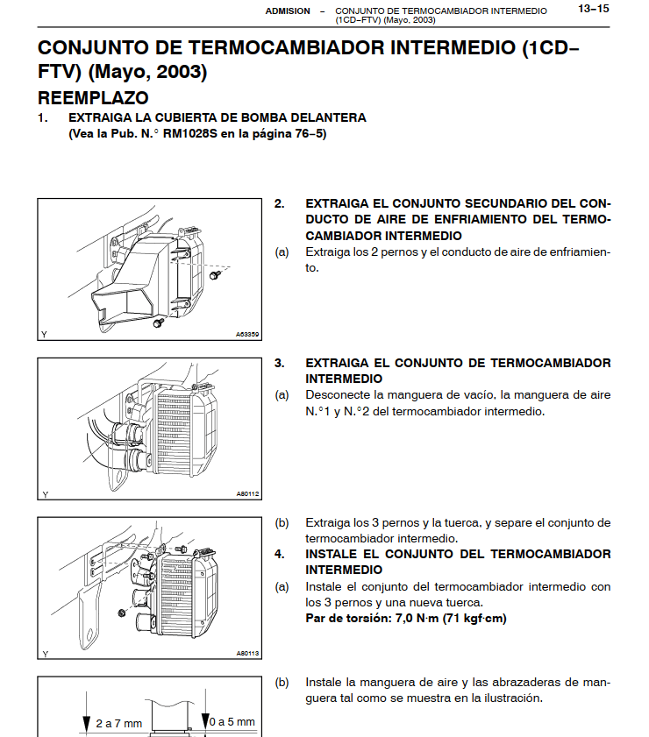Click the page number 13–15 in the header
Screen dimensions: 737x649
tap(593, 10)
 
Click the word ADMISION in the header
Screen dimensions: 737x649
tap(288, 11)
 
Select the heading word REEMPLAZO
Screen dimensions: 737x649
tap(93, 97)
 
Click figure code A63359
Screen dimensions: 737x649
tap(246, 334)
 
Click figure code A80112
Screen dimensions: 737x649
tap(247, 493)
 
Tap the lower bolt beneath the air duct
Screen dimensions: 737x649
tap(158, 323)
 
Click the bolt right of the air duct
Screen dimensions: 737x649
tap(213, 275)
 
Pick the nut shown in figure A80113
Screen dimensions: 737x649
tap(119, 611)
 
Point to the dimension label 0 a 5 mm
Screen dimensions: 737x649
tap(232, 723)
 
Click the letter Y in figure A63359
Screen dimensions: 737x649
tap(45, 334)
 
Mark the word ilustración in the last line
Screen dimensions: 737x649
tap(511, 698)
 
